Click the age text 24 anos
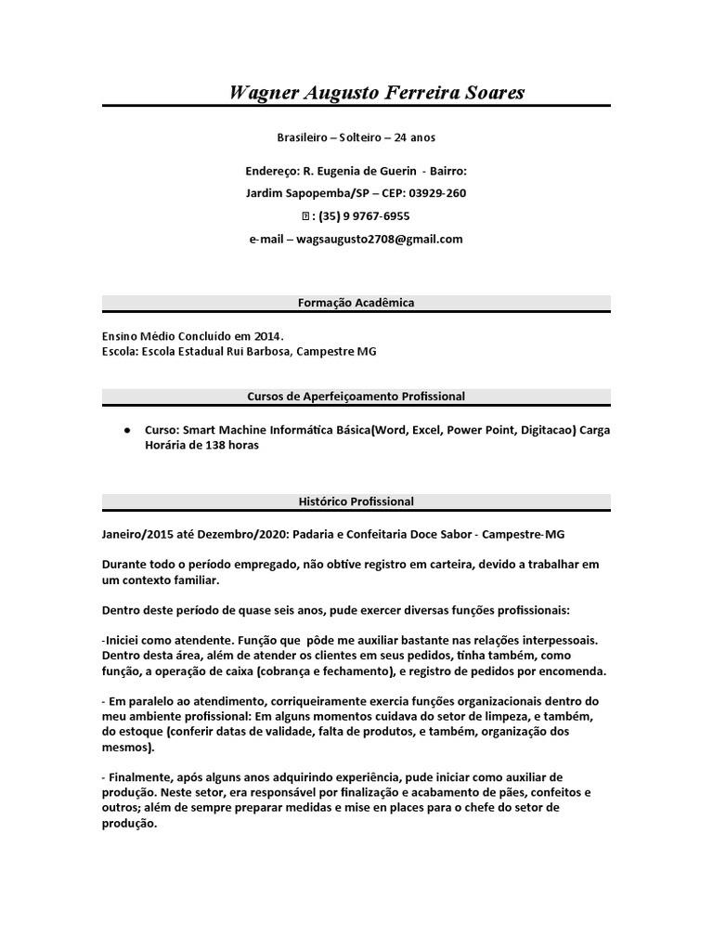414,137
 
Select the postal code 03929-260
437,193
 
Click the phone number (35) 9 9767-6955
363,216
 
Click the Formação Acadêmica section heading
356,303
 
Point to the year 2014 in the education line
266,336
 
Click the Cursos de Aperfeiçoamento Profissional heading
356,397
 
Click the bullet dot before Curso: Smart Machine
126,431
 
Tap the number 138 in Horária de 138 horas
217,445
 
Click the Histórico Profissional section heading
356,502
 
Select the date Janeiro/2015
139,535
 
